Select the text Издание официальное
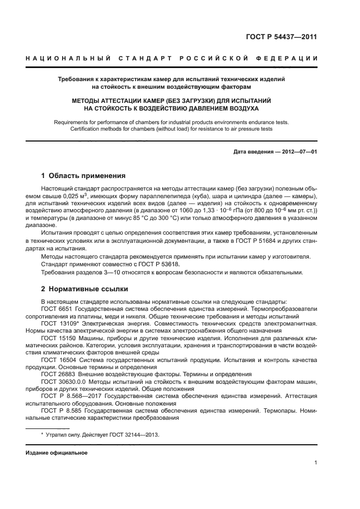coord(57,452)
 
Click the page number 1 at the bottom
coord(315,462)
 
